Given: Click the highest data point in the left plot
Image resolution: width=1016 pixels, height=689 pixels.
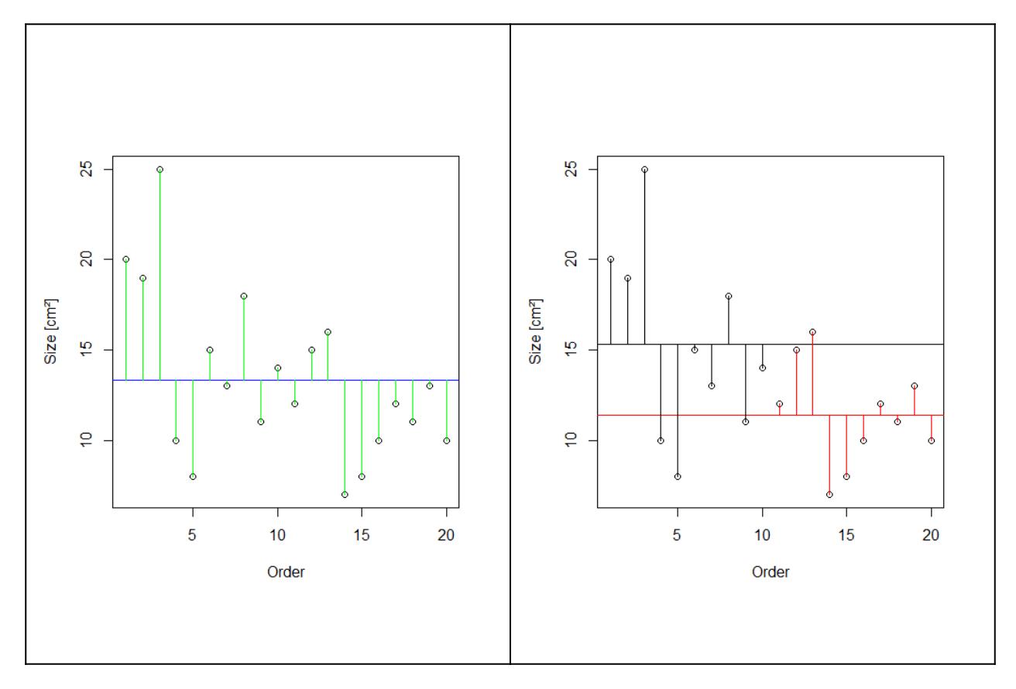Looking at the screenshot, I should pyautogui.click(x=160, y=169).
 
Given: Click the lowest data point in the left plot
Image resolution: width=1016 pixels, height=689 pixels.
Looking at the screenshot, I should pyautogui.click(x=345, y=494).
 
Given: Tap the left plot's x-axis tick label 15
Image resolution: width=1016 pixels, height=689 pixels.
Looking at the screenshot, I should pyautogui.click(x=362, y=534).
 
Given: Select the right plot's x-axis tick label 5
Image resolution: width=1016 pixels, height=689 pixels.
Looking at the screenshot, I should pyautogui.click(x=678, y=534).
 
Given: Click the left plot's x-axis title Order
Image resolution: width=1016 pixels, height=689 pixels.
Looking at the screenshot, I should pyautogui.click(x=286, y=572).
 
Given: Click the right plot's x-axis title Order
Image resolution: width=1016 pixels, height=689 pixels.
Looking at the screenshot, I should pyautogui.click(x=771, y=572).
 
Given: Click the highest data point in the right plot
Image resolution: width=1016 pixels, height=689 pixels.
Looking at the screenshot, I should pyautogui.click(x=644, y=169).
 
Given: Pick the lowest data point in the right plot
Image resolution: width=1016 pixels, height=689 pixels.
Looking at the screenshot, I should pyautogui.click(x=829, y=494).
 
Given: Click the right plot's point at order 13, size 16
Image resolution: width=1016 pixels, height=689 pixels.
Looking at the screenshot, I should pyautogui.click(x=812, y=332).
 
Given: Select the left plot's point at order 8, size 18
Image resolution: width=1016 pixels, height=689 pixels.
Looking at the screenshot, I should pyautogui.click(x=244, y=296).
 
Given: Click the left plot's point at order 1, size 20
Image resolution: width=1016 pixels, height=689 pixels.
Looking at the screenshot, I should pyautogui.click(x=125, y=259).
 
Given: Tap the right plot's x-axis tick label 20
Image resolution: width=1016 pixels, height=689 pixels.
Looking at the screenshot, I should pyautogui.click(x=932, y=534).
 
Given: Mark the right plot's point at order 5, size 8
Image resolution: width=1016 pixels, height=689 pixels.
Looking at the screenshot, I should pyautogui.click(x=678, y=476).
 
